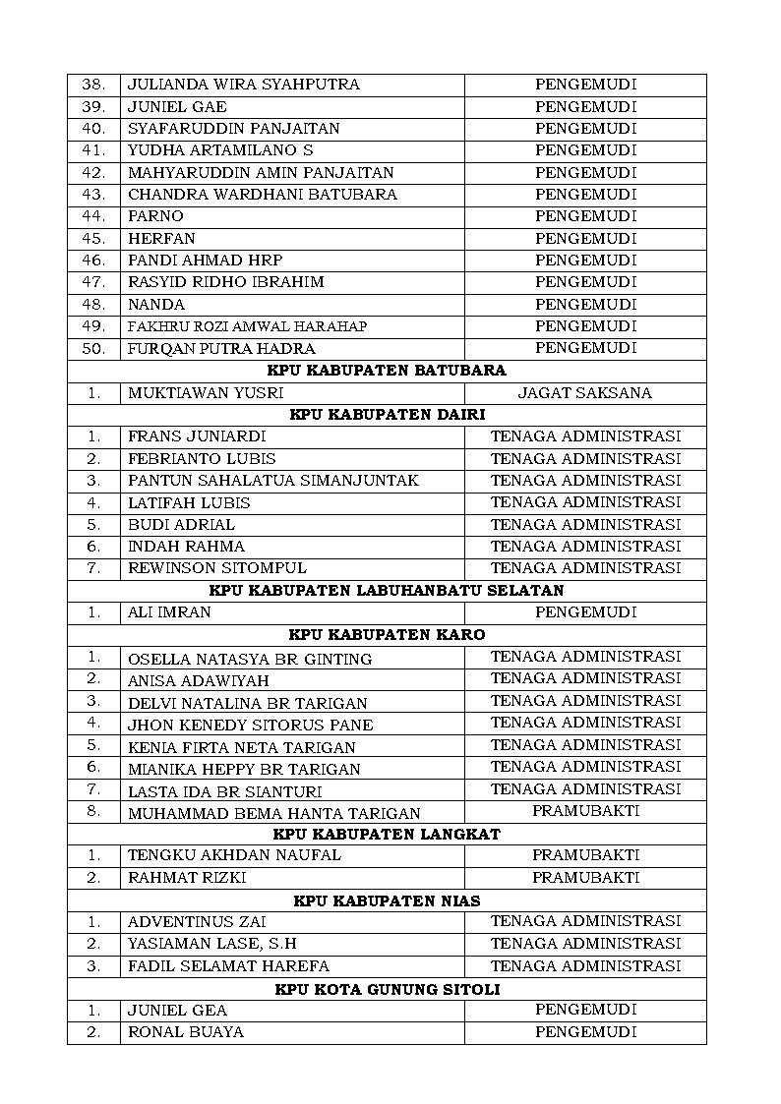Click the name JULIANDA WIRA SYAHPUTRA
tap(243, 85)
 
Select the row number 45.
tap(93, 239)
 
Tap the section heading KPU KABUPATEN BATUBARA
tap(387, 371)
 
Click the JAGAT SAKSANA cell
tap(585, 393)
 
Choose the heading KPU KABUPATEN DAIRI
tap(387, 415)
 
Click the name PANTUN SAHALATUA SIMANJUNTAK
tap(272, 481)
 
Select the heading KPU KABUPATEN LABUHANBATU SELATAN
tap(387, 591)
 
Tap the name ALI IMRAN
tap(169, 612)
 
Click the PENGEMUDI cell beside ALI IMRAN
tap(585, 612)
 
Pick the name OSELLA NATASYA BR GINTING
tap(250, 659)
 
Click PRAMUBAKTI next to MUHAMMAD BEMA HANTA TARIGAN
tap(585, 811)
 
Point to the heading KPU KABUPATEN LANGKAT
tap(387, 834)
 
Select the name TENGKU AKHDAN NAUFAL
tap(234, 855)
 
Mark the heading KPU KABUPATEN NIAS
tap(387, 901)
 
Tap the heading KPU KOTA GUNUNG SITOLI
tap(387, 989)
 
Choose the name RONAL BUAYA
tap(186, 1032)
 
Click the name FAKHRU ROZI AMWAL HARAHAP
tap(247, 326)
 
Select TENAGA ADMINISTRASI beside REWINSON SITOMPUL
tap(585, 568)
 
